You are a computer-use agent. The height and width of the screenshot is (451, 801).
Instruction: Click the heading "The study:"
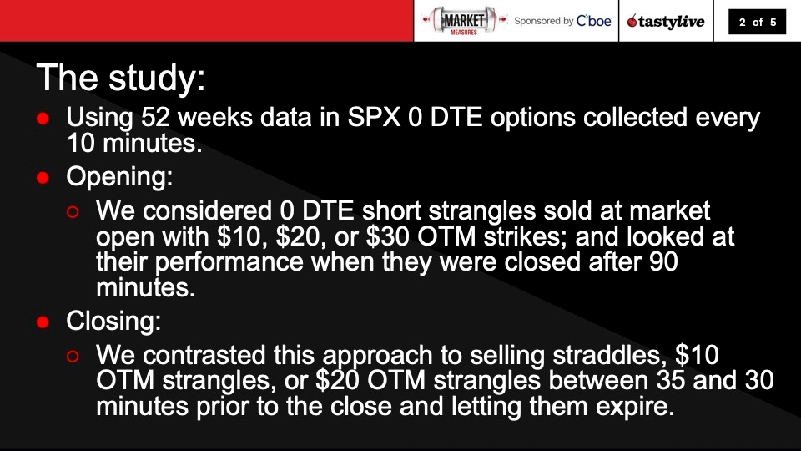point(120,78)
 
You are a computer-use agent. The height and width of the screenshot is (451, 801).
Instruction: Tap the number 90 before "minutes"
point(664,263)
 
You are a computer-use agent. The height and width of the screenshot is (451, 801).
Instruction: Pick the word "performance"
point(229,263)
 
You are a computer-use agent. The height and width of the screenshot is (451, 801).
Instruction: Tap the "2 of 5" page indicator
point(758,23)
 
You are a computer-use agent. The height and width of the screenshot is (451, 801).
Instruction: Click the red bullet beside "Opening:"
point(43,178)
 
